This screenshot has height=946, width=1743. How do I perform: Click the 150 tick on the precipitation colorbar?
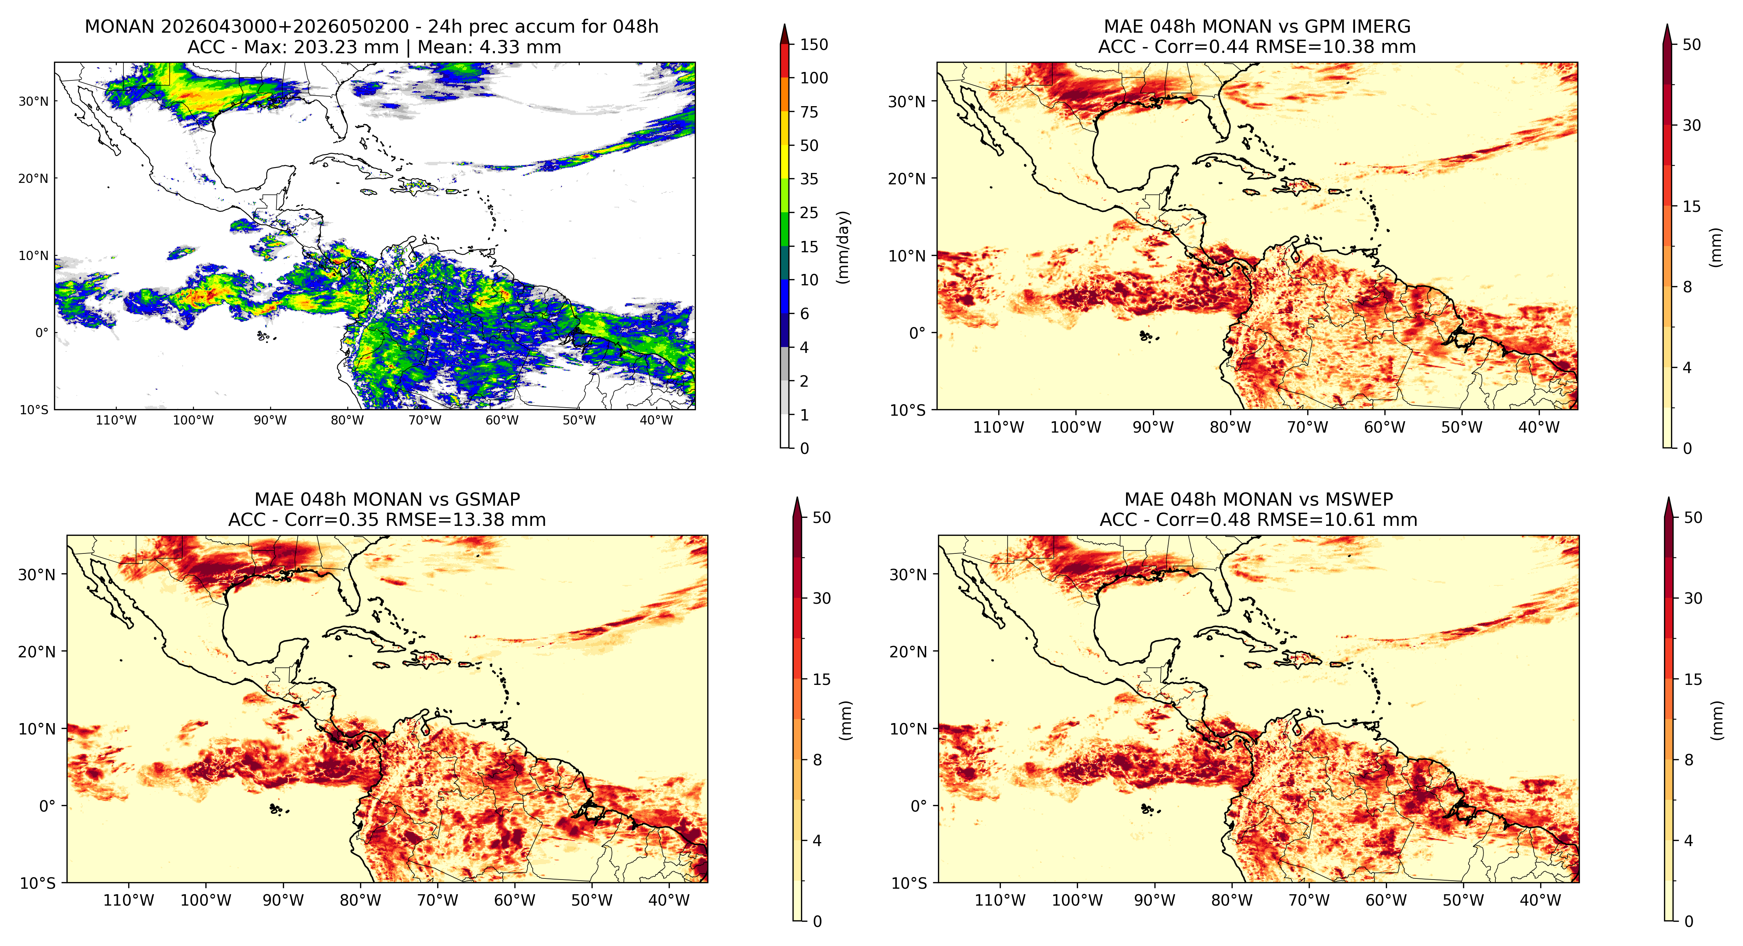tap(814, 45)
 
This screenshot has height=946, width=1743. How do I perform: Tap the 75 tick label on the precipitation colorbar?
tap(809, 112)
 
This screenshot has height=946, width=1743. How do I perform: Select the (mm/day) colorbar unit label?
tap(843, 247)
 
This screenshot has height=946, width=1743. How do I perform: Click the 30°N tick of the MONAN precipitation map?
tap(34, 101)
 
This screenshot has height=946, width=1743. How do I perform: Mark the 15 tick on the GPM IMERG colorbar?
tap(1692, 207)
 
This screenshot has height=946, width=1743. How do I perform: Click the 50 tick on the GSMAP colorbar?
tap(822, 518)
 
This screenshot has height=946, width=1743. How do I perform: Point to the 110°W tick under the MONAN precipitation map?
tap(116, 420)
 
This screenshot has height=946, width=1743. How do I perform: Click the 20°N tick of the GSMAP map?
tap(37, 652)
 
